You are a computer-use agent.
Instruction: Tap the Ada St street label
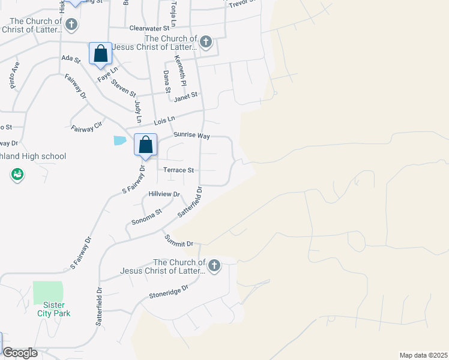click(71, 58)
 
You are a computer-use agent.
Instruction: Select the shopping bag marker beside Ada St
click(101, 53)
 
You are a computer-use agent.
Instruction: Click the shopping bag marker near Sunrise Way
click(145, 145)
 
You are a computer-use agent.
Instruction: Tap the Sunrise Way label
click(191, 136)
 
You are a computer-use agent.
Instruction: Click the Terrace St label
click(178, 170)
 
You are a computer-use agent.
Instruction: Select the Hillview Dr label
click(164, 194)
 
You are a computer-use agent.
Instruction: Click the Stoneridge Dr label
click(169, 292)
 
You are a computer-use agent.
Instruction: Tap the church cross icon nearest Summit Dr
click(214, 266)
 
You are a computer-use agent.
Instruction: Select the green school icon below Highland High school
click(17, 175)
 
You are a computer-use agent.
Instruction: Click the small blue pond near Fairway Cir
click(120, 140)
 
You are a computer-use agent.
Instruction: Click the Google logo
click(20, 353)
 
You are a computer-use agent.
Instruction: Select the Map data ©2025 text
click(423, 355)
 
